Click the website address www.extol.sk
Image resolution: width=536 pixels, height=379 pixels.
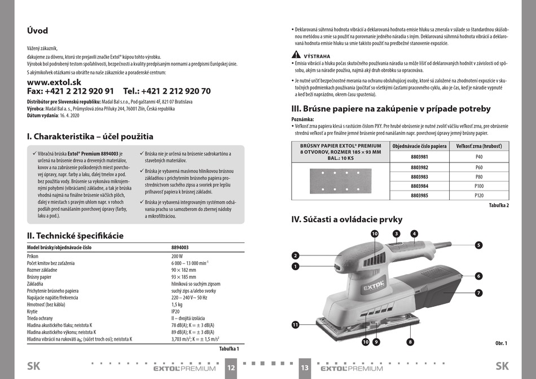coord(54,82)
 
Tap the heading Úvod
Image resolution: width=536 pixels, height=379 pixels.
coord(38,31)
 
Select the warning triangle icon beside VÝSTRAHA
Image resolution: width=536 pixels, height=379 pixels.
coord(296,54)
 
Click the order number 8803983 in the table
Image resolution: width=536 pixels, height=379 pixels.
coord(419,177)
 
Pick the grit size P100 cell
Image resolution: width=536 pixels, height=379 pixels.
coord(479,186)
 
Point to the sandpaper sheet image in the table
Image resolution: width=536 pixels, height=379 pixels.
coord(340,180)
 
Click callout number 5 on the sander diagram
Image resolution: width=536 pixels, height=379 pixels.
coord(478,245)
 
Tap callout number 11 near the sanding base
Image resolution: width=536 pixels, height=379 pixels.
coord(295,325)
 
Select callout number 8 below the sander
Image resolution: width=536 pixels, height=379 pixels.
coord(410,342)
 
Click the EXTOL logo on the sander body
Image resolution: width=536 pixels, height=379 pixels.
coord(373,285)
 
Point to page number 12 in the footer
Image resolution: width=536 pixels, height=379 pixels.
coord(231,368)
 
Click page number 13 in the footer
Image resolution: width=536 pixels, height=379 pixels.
coord(305,368)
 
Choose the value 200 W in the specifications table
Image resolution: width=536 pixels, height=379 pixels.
coord(177,256)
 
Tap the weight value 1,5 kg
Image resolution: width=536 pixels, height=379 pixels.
coord(177,305)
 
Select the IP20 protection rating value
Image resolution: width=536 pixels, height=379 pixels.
coord(175,311)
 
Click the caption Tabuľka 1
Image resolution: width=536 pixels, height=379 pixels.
coord(229,349)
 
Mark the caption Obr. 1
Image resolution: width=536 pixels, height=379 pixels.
coord(501,343)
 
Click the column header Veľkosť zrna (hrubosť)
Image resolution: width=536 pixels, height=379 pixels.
coord(479,146)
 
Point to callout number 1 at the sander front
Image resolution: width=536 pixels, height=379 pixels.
coord(295,266)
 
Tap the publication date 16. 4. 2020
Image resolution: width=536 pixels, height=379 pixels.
coord(69,116)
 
